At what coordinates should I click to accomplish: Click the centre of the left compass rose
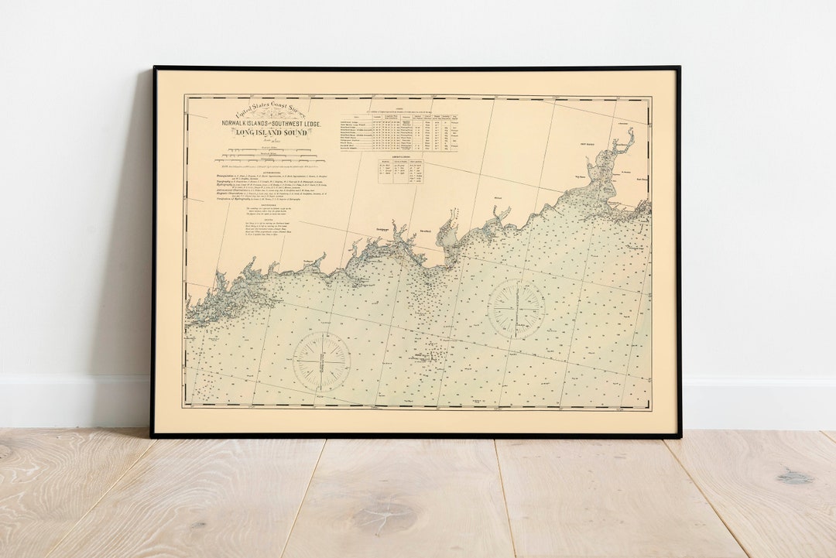tap(321, 361)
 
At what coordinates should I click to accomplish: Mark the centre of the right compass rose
tap(516, 309)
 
